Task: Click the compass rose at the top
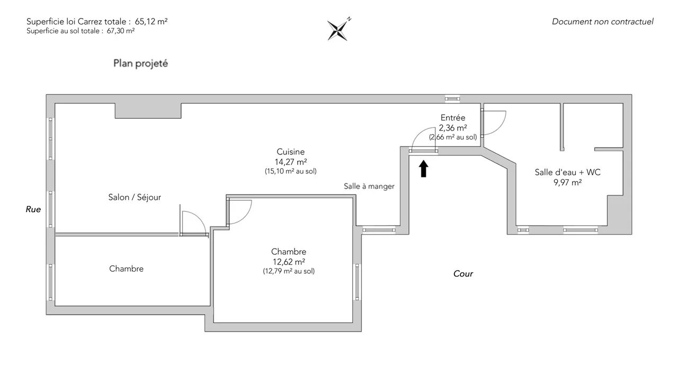click(x=337, y=30)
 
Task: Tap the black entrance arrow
click(x=423, y=169)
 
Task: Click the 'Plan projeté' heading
click(x=140, y=63)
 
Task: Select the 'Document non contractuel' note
click(x=602, y=22)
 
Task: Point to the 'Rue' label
click(x=33, y=210)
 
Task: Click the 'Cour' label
click(x=463, y=274)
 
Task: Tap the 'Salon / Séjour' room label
click(x=134, y=197)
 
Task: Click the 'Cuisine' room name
click(x=290, y=152)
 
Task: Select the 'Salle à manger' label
click(x=369, y=186)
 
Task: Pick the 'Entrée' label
click(x=452, y=118)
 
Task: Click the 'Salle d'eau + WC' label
click(x=567, y=172)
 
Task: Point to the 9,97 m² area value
click(x=567, y=183)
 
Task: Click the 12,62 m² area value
click(x=288, y=262)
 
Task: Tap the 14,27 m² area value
click(x=290, y=161)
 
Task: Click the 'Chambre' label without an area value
click(x=126, y=269)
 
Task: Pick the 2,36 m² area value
click(x=452, y=127)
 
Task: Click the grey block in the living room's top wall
click(x=148, y=110)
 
